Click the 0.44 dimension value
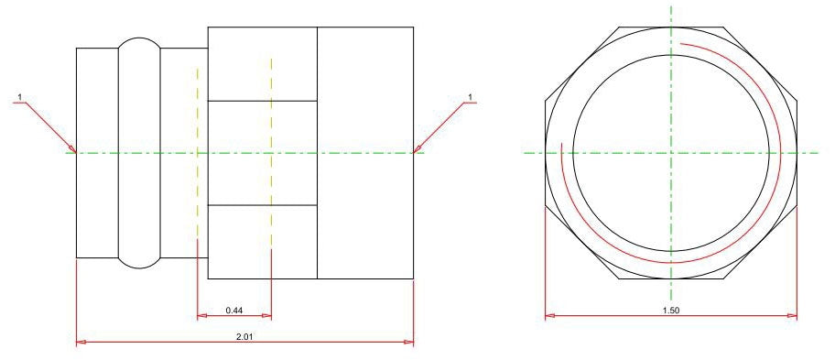click(234, 310)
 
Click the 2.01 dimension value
click(245, 336)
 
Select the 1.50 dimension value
click(671, 311)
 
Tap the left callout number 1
click(20, 97)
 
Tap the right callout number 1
click(470, 97)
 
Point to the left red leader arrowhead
click(72, 148)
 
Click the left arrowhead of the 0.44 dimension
click(201, 316)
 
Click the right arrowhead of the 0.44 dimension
click(267, 316)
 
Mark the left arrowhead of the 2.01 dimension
click(81, 342)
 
